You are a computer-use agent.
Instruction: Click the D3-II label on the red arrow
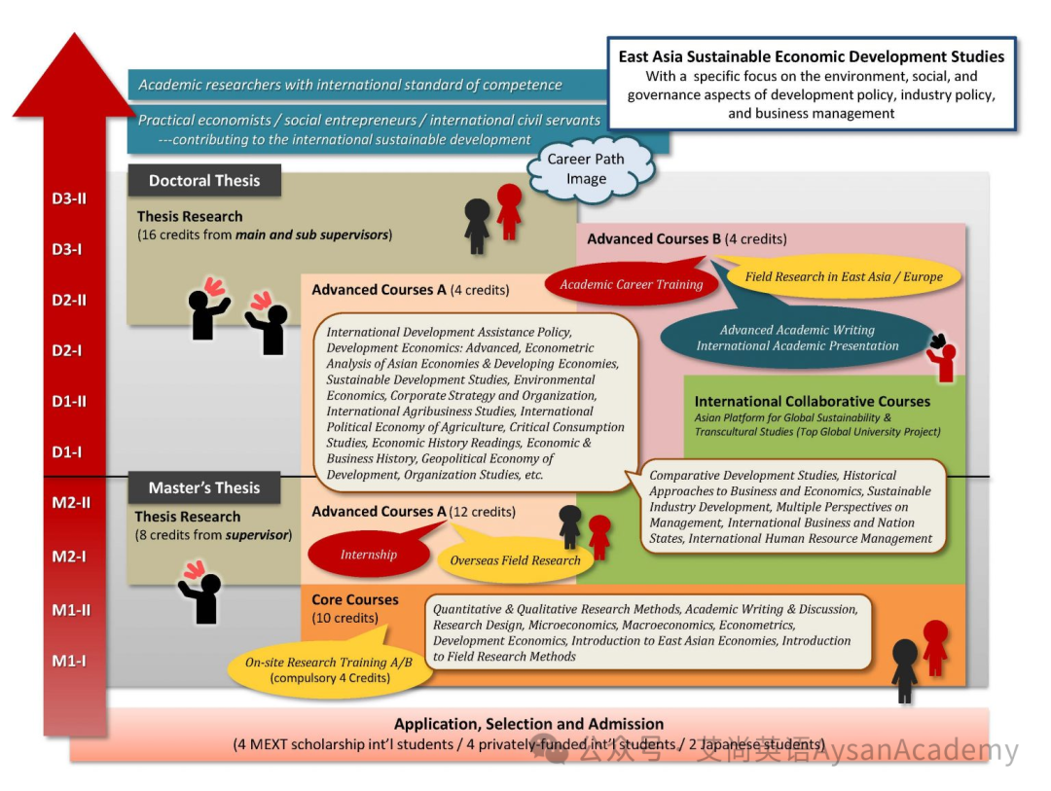(x=69, y=198)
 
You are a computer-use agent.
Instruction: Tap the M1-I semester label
(x=69, y=661)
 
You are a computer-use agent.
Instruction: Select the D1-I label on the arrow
(x=67, y=451)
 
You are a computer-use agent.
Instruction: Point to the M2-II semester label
(x=71, y=503)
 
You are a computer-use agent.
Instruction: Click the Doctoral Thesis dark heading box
(x=204, y=180)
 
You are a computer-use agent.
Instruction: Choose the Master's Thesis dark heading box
(x=204, y=487)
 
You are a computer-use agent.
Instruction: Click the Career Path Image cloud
(x=588, y=168)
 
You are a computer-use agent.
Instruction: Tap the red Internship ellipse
(x=369, y=555)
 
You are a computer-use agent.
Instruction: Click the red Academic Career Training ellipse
(x=632, y=284)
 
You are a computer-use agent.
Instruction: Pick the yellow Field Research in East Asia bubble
(x=843, y=276)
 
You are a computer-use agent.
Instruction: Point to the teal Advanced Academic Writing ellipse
(x=797, y=338)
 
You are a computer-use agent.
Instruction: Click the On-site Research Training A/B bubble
(x=329, y=669)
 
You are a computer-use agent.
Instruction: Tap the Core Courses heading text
(x=355, y=600)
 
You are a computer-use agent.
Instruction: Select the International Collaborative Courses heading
(x=813, y=402)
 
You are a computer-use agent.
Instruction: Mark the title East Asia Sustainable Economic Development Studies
(x=811, y=56)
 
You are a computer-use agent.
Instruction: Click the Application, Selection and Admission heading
(x=528, y=724)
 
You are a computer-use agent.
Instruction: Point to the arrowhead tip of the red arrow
(x=74, y=33)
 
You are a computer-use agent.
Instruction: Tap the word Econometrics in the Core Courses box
(x=757, y=625)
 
